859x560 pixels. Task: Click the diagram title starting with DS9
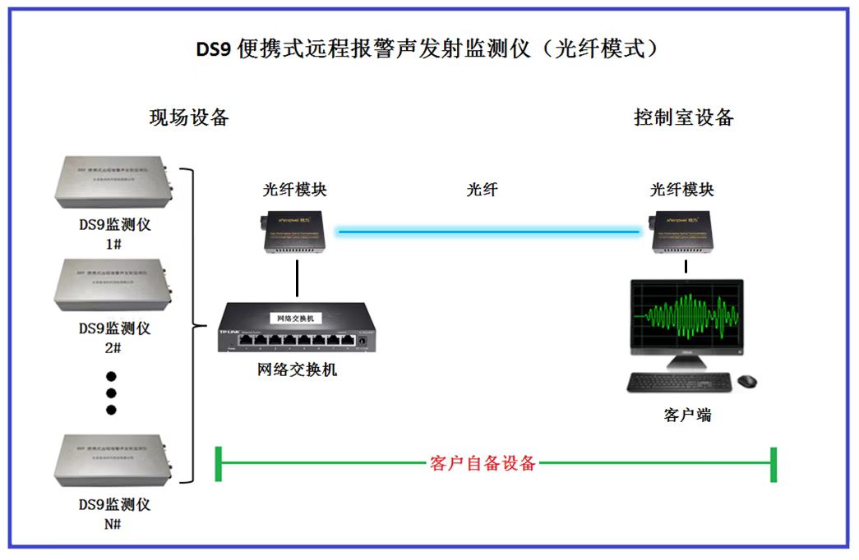point(427,48)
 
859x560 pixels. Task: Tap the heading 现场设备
point(189,117)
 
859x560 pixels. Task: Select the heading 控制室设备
point(683,117)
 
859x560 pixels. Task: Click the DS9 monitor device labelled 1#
point(115,181)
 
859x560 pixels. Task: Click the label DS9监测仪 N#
point(114,513)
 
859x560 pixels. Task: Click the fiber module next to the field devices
point(296,233)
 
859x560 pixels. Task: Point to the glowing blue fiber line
point(489,232)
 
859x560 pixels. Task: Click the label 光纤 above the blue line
point(483,190)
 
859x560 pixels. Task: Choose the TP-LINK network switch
point(296,328)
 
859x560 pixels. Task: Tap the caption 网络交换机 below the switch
point(297,370)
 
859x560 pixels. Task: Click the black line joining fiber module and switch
point(297,279)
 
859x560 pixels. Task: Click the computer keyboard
point(679,382)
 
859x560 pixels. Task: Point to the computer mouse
point(746,381)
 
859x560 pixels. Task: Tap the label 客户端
point(687,415)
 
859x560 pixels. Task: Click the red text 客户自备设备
point(483,463)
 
